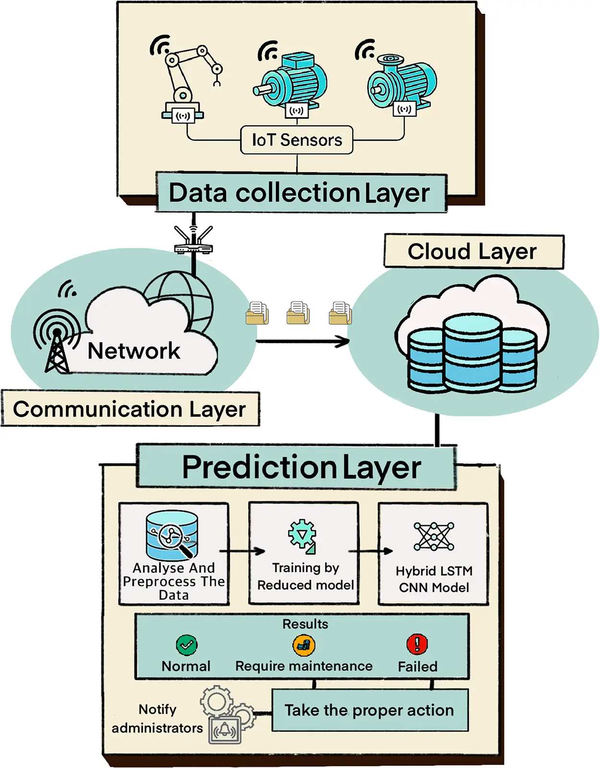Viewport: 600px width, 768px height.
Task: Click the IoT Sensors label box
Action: click(x=297, y=140)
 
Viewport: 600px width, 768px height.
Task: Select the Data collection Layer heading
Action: click(x=300, y=193)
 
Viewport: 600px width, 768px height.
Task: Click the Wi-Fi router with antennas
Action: click(x=193, y=242)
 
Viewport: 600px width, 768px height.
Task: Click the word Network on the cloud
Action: click(x=134, y=351)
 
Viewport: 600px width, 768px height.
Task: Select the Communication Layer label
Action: click(x=130, y=409)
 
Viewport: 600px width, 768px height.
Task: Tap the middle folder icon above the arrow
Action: click(x=298, y=313)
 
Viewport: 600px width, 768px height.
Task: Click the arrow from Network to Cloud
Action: click(x=302, y=341)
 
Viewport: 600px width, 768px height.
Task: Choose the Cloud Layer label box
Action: click(x=473, y=251)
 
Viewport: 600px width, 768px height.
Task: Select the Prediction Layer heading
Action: click(x=301, y=467)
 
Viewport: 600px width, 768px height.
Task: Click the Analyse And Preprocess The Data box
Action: click(x=174, y=554)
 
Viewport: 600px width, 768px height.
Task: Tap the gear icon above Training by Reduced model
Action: click(x=302, y=534)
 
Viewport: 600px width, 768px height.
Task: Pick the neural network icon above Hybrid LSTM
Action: click(x=433, y=536)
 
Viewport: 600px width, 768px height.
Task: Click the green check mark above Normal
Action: click(x=186, y=645)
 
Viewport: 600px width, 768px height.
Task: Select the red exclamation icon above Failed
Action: click(x=417, y=644)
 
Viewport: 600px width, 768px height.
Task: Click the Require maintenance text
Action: click(x=304, y=666)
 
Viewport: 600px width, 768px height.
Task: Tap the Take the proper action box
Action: click(x=370, y=710)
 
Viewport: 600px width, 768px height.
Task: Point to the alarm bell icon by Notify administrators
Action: click(x=225, y=731)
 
